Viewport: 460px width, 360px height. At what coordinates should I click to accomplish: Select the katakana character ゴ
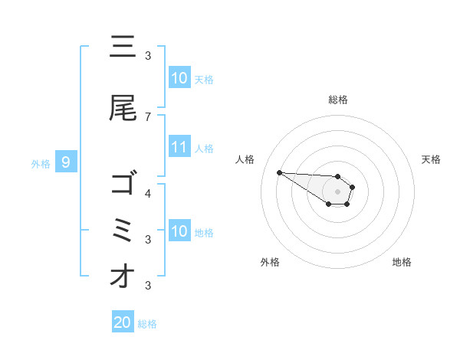point(123,185)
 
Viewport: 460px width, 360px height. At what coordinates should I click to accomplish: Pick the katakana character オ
point(123,277)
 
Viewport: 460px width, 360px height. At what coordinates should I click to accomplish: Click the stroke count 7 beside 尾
point(148,116)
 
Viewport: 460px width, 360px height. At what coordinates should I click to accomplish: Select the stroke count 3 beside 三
point(148,55)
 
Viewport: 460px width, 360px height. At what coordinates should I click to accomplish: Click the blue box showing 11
point(179,147)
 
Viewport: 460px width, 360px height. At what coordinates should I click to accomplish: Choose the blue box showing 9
point(66,162)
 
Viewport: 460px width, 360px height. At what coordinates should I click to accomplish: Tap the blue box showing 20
point(123,322)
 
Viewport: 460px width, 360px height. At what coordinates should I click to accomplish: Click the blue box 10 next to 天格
point(179,78)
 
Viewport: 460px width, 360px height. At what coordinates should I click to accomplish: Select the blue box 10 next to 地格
point(179,231)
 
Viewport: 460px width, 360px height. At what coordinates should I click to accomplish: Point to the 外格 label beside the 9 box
point(41,163)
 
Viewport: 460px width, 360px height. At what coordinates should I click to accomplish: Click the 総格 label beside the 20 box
point(147,324)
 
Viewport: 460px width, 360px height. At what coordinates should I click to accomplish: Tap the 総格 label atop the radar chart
point(338,100)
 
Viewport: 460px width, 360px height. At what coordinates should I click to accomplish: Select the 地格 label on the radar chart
point(402,262)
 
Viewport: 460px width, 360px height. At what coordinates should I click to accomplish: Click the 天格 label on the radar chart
point(431,159)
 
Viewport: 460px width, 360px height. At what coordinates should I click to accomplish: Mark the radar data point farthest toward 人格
point(279,172)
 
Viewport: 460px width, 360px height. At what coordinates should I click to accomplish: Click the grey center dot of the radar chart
point(338,191)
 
